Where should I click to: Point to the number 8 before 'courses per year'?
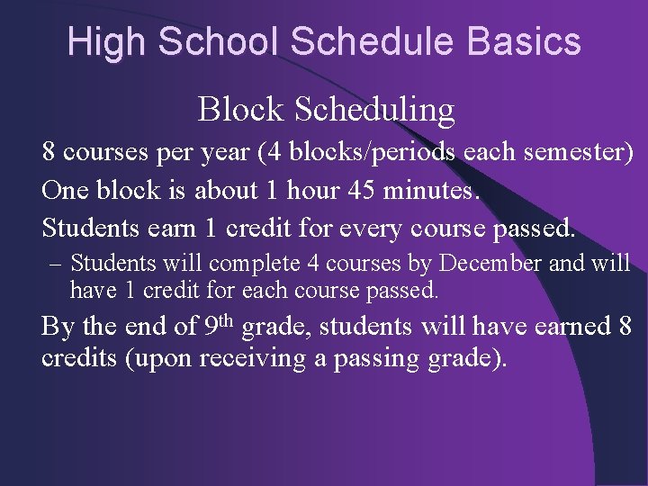click(x=49, y=152)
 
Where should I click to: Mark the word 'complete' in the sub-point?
click(x=252, y=264)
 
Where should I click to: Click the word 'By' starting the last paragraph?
click(x=57, y=326)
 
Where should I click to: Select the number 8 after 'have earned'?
click(x=625, y=326)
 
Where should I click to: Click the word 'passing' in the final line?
click(x=382, y=358)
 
